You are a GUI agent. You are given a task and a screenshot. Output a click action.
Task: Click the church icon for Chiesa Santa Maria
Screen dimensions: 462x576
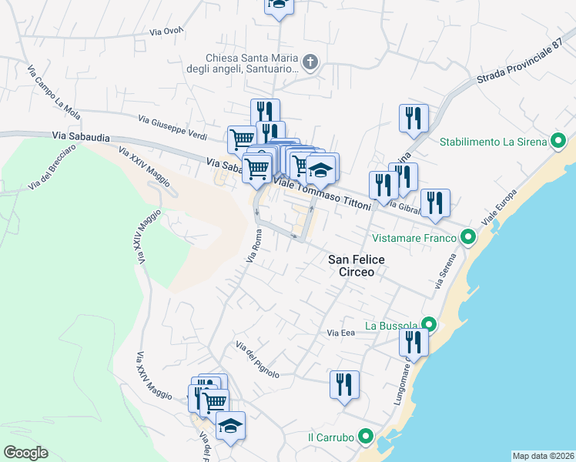(x=310, y=62)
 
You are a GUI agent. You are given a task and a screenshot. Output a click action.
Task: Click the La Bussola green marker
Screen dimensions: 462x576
(x=430, y=325)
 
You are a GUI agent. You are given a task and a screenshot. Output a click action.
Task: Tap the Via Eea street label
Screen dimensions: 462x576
(x=340, y=333)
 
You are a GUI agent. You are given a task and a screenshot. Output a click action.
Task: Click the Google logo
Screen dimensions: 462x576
(x=25, y=453)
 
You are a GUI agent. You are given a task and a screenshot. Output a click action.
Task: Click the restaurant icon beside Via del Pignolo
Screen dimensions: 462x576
(x=344, y=384)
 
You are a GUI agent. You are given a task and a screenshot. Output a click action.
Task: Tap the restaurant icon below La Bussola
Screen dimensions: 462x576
(x=414, y=343)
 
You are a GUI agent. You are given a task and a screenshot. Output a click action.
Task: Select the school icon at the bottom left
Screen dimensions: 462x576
(x=230, y=426)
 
